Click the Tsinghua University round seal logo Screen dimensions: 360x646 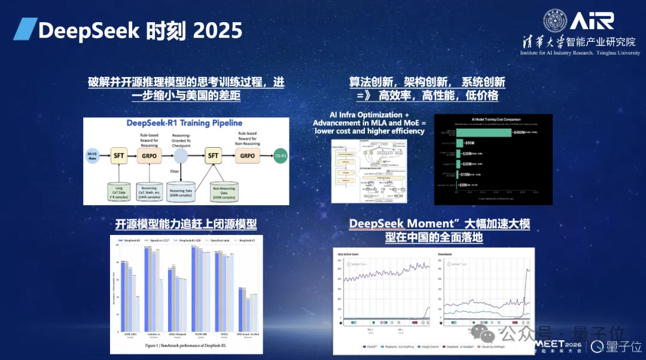(554, 21)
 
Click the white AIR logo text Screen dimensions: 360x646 (592, 21)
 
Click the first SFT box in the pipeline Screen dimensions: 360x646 (118, 156)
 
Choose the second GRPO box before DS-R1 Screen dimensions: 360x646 (248, 156)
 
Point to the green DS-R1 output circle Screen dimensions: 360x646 (280, 156)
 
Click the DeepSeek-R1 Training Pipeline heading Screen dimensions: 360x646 (184, 123)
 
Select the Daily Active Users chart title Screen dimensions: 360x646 (349, 254)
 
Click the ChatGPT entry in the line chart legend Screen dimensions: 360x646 (369, 346)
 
